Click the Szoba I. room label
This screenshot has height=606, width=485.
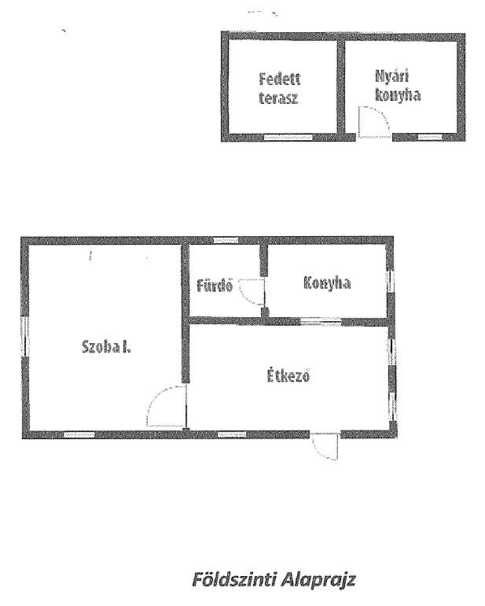point(107,346)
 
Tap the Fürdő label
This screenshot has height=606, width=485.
point(215,286)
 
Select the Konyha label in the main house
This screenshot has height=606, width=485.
point(327,283)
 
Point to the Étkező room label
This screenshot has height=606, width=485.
point(288,375)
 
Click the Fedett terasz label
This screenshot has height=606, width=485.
point(279,88)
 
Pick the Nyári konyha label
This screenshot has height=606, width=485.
point(397,86)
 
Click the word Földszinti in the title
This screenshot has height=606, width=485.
point(234,580)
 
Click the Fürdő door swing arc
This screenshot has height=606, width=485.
point(252,291)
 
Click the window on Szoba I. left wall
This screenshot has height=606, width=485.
point(26,336)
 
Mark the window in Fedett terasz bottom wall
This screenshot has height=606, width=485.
point(288,137)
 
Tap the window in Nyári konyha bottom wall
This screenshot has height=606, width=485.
point(430,137)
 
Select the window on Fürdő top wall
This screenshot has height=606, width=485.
point(226,240)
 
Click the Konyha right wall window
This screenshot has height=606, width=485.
point(391,281)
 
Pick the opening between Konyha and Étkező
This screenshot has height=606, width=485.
point(321,321)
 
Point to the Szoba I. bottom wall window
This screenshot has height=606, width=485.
point(79,434)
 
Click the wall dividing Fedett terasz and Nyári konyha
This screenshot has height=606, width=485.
point(341,87)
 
